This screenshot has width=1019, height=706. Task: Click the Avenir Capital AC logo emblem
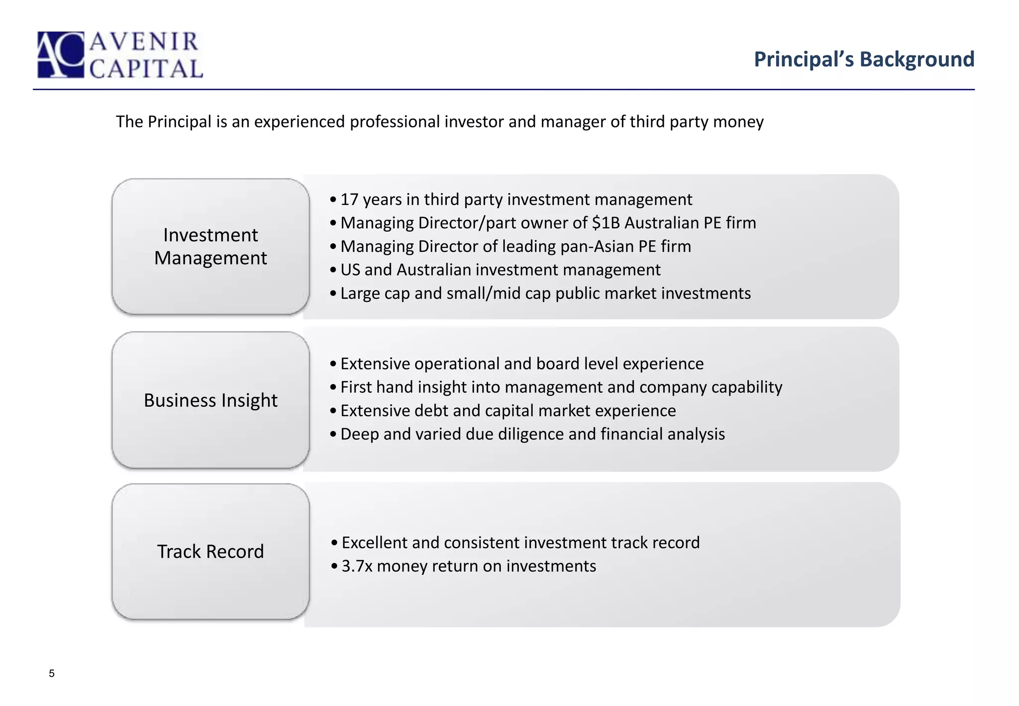(61, 55)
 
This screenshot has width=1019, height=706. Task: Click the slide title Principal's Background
(864, 59)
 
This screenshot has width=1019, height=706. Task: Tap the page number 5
(52, 674)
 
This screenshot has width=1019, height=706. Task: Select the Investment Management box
(210, 246)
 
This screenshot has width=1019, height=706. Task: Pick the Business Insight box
(210, 400)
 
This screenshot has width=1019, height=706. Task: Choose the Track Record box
(210, 552)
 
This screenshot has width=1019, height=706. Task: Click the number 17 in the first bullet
(349, 200)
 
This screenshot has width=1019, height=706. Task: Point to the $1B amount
(606, 223)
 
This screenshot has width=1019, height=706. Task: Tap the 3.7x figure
(357, 566)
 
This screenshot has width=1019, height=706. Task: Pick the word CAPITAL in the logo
(146, 69)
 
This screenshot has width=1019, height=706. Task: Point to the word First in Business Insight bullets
(355, 387)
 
